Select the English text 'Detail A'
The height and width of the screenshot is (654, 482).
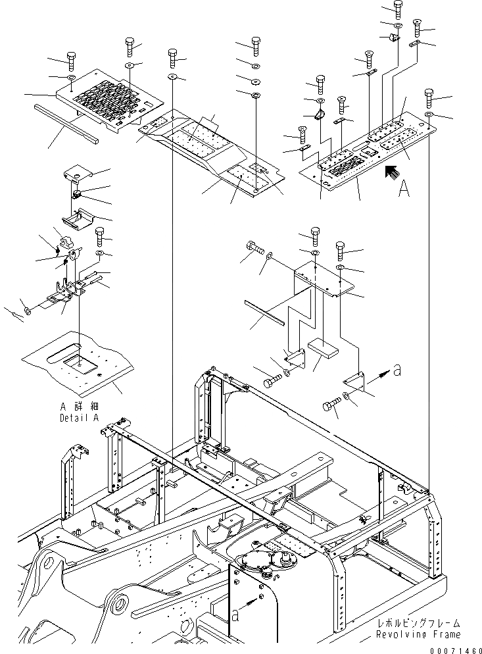(79, 417)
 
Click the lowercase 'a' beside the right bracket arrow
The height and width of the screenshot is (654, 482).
(396, 371)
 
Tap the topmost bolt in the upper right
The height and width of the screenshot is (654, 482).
(398, 9)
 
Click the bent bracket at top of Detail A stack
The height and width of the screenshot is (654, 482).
(78, 176)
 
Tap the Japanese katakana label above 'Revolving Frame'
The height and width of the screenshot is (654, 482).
(418, 623)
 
